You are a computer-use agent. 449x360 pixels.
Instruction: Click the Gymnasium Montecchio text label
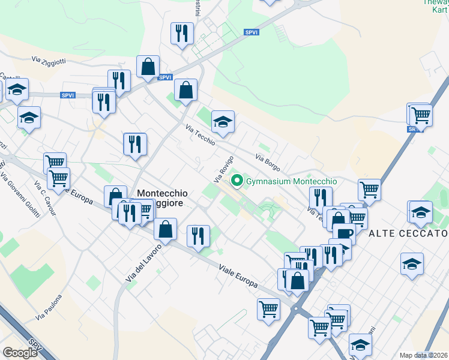pyautogui.click(x=292, y=181)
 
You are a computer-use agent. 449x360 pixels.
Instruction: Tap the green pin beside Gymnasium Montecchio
pyautogui.click(x=237, y=180)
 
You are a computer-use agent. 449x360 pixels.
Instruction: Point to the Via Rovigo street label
pyautogui.click(x=222, y=170)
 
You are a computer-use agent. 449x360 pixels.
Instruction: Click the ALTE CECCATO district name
pyautogui.click(x=408, y=233)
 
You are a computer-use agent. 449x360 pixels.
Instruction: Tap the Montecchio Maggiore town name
pyautogui.click(x=162, y=199)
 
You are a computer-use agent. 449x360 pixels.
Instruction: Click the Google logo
pyautogui.click(x=20, y=352)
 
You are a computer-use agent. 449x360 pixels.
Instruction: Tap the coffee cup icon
pyautogui.click(x=344, y=233)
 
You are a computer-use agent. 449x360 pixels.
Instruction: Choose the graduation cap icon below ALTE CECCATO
pyautogui.click(x=411, y=263)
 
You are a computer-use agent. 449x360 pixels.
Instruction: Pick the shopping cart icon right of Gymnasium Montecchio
pyautogui.click(x=369, y=190)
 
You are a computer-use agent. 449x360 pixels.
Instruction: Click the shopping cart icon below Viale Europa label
pyautogui.click(x=268, y=309)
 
